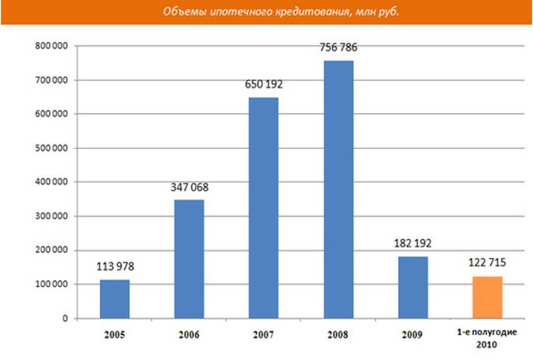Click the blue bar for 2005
click(114, 299)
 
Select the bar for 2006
click(189, 259)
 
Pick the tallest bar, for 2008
click(338, 189)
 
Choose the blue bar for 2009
click(413, 287)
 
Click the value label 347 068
click(189, 188)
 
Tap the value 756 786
click(338, 48)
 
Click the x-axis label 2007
click(263, 337)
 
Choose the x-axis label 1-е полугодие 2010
click(487, 338)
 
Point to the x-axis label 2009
click(413, 337)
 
